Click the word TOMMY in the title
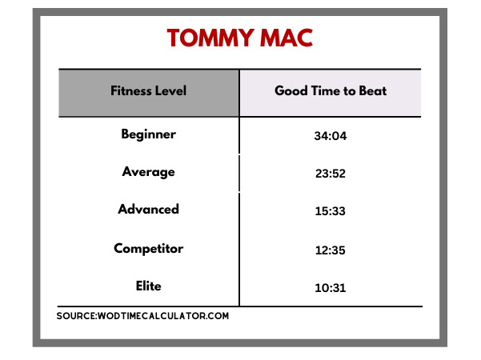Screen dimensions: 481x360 (210, 38)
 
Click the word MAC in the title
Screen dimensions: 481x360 (287, 38)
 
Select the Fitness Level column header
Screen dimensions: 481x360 (149, 90)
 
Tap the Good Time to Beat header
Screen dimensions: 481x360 (331, 90)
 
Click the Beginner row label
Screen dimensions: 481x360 (149, 134)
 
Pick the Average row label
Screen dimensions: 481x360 (149, 172)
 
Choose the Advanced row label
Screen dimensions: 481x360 (149, 209)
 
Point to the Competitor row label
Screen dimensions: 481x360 (149, 249)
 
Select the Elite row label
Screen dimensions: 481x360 (149, 286)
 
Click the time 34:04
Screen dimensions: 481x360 (331, 136)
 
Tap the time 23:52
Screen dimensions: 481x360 (331, 174)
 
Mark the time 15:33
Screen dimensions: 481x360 (331, 211)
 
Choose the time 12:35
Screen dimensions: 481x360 (331, 250)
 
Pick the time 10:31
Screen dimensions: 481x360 (331, 288)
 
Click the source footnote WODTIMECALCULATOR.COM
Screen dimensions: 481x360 (163, 316)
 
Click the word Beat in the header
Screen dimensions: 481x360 (373, 90)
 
